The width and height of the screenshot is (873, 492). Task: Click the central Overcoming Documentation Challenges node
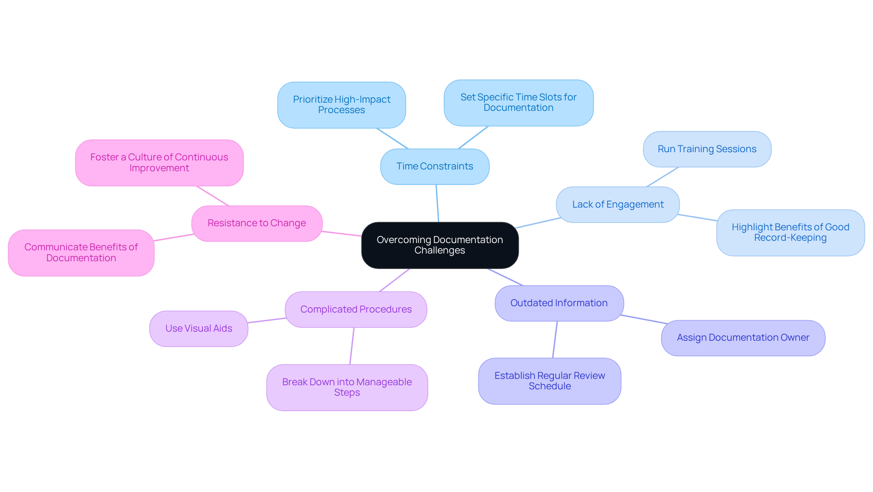440,245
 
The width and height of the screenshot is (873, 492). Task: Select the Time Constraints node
435,166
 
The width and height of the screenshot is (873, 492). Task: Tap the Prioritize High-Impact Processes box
341,105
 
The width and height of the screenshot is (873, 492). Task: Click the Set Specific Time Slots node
518,103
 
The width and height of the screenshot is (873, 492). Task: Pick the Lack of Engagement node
617,204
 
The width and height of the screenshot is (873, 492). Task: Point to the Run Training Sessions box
707,149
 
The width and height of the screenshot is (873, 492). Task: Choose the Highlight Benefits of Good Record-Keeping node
790,233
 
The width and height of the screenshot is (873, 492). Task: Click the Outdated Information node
559,303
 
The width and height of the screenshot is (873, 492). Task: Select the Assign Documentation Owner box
743,338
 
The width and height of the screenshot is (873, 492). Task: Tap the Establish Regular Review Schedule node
549,381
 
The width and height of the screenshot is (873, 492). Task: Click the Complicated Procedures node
356,309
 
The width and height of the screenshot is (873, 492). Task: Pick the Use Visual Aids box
199,328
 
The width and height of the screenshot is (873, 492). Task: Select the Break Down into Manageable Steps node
347,387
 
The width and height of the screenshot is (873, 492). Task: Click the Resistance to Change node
257,223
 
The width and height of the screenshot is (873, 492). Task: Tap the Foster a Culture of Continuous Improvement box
159,163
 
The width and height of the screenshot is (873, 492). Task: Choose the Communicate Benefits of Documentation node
81,253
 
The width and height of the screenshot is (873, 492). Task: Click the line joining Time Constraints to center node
437,203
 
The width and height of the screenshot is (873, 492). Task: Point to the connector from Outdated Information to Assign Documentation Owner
643,319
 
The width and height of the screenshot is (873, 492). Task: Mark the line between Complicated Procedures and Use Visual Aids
267,320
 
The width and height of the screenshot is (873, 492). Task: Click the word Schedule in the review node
549,387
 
